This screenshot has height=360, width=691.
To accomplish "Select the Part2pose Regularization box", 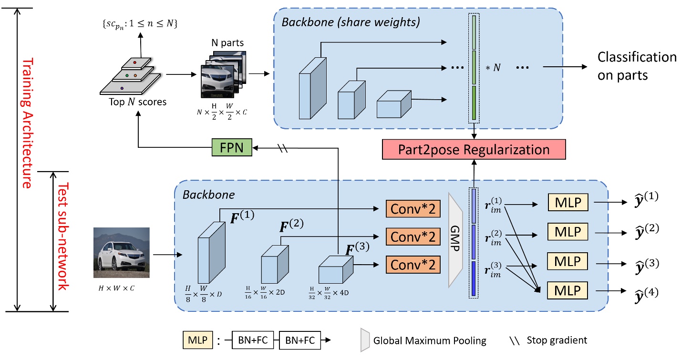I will click(x=474, y=150).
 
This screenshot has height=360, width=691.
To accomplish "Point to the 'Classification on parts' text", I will click(x=637, y=66).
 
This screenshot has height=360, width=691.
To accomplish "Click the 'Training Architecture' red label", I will click(x=28, y=123).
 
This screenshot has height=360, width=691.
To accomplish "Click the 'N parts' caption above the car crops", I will click(x=227, y=43).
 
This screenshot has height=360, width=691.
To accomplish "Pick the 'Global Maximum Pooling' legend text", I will click(x=430, y=340).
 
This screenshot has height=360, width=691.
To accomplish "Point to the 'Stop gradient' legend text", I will click(x=557, y=340).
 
